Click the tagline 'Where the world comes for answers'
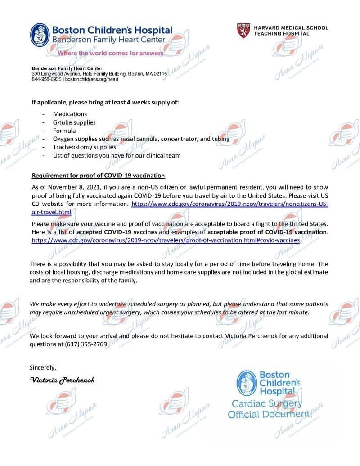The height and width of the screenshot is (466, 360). point(110,53)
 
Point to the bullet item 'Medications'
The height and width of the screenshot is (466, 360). point(70,114)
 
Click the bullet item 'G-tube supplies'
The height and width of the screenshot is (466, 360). point(74,122)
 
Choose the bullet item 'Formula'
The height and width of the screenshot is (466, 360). point(64,131)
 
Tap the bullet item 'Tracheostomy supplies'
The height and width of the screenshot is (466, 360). point(84,147)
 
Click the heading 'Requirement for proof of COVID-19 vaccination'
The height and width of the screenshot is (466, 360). point(98,176)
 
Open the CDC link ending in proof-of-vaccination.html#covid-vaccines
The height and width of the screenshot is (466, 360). point(166,240)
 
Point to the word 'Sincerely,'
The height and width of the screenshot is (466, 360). point(43,367)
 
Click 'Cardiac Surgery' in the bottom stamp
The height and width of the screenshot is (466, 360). point(266,403)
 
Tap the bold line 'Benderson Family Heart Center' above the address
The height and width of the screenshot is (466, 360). point(63,68)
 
